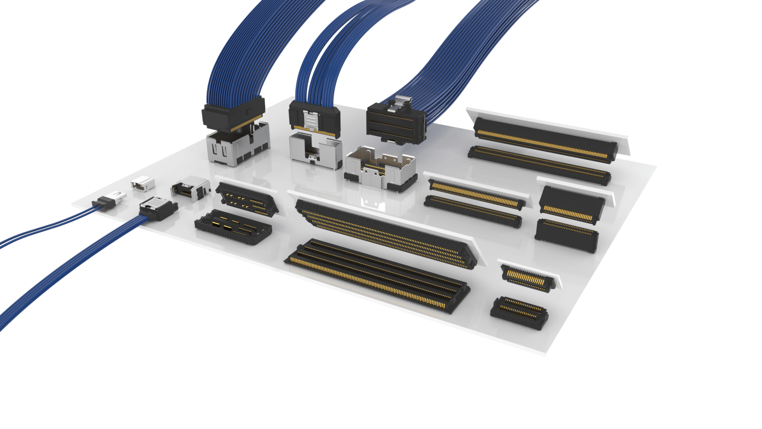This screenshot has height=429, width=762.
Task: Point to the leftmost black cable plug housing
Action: [232, 114]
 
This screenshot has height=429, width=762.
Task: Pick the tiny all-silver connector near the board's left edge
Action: [143, 184]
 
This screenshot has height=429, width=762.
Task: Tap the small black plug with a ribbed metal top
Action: [158, 208]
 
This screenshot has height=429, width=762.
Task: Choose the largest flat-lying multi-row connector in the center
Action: [377, 276]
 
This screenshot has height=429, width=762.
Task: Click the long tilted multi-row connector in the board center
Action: [386, 233]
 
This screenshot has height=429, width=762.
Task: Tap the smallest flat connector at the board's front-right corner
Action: [519, 312]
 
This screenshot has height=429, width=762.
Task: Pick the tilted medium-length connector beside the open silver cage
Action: [475, 193]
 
